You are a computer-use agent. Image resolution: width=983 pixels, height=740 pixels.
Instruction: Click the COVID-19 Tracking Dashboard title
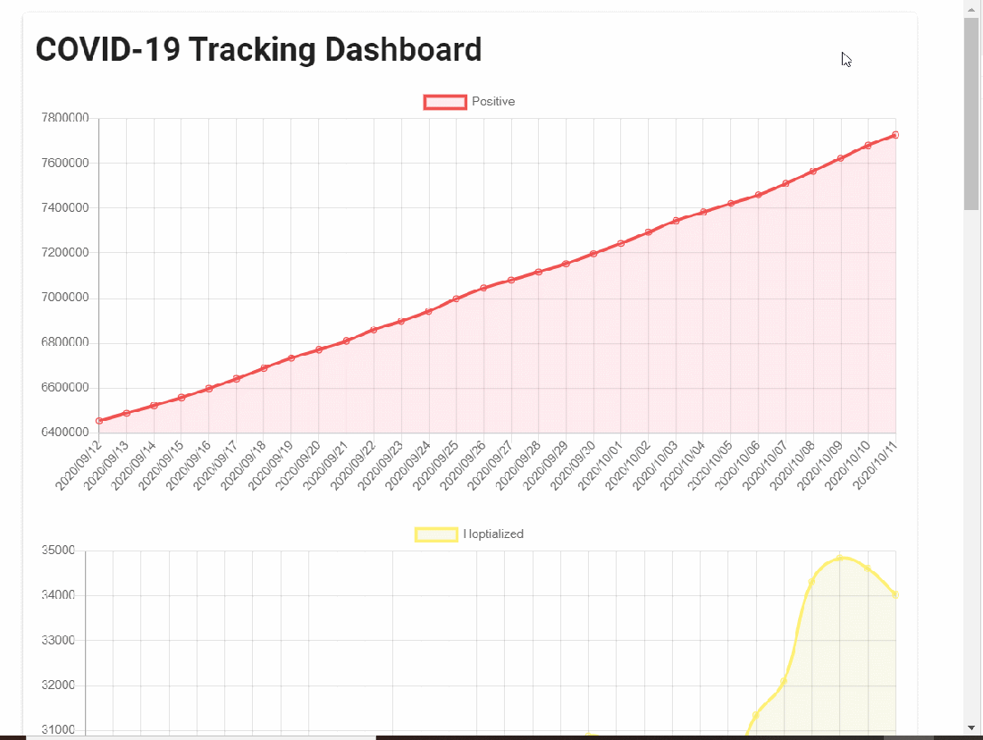(x=258, y=50)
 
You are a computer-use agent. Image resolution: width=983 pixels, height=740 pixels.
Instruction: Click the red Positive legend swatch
(x=445, y=102)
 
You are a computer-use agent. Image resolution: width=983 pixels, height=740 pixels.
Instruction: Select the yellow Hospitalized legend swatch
(x=436, y=534)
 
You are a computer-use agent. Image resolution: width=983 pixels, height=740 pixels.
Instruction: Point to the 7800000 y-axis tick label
(x=65, y=118)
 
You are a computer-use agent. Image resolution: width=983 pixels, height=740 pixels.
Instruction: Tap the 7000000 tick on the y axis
(x=65, y=298)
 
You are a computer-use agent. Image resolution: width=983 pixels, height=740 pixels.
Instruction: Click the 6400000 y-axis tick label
(x=65, y=433)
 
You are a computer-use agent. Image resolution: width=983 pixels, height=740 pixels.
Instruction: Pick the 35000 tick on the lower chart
(x=58, y=551)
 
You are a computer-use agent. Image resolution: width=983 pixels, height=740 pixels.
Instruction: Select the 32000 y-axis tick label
(x=58, y=685)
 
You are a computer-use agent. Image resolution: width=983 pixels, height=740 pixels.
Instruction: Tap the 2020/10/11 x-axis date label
(x=876, y=465)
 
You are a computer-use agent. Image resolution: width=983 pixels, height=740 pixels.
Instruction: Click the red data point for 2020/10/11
(x=895, y=135)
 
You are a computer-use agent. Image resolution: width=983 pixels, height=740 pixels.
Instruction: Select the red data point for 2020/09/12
(x=99, y=420)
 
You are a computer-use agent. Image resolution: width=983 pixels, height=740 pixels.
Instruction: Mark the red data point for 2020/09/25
(x=456, y=299)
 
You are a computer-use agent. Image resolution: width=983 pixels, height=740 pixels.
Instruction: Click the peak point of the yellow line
(x=840, y=558)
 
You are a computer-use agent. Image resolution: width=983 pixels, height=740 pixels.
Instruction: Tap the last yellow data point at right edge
(x=895, y=594)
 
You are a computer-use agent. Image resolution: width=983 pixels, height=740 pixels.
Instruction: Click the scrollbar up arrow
(x=971, y=8)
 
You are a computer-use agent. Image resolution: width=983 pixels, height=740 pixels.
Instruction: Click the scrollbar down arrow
(x=971, y=728)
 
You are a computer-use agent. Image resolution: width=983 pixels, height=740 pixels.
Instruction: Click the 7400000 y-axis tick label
(x=65, y=208)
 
